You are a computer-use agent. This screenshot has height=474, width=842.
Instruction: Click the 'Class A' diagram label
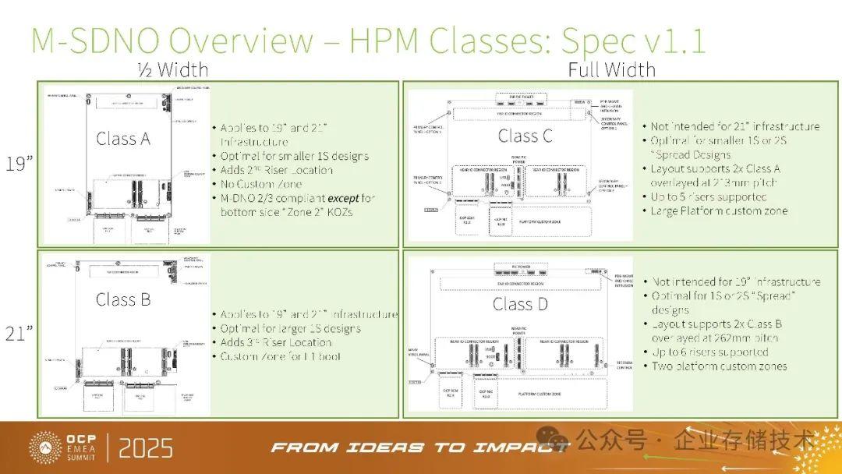pyautogui.click(x=123, y=139)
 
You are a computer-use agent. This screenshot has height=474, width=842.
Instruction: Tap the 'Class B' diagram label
pyautogui.click(x=123, y=299)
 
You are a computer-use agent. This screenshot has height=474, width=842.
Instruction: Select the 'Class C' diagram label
pyautogui.click(x=525, y=136)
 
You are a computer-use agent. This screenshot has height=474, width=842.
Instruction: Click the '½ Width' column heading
pyautogui.click(x=173, y=70)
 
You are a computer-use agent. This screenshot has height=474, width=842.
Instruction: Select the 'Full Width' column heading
pyautogui.click(x=611, y=70)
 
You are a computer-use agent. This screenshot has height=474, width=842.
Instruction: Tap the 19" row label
pyautogui.click(x=19, y=165)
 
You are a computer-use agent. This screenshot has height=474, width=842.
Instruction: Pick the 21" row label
pyautogui.click(x=19, y=334)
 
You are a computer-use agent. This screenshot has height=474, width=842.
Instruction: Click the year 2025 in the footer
pyautogui.click(x=146, y=448)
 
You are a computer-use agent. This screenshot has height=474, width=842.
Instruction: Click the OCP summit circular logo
pyautogui.click(x=45, y=447)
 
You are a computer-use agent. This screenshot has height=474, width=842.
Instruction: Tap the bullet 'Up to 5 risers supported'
pyautogui.click(x=709, y=196)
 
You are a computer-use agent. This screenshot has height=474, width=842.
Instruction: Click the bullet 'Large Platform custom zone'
pyautogui.click(x=719, y=210)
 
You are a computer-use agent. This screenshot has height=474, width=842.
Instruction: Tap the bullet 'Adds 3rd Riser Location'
pyautogui.click(x=276, y=342)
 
